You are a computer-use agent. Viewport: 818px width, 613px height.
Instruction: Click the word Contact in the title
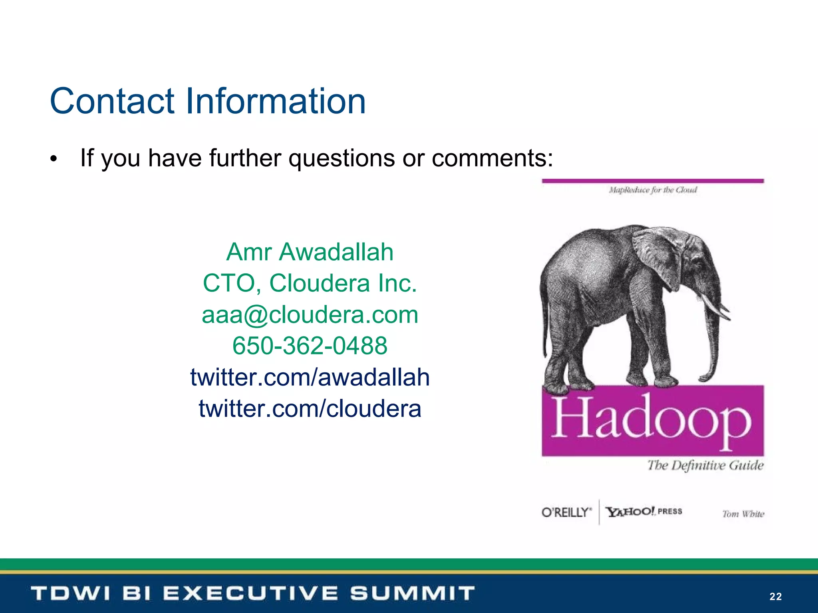(112, 101)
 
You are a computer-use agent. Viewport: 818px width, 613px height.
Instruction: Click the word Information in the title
(276, 101)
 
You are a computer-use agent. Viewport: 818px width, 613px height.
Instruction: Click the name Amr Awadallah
(310, 252)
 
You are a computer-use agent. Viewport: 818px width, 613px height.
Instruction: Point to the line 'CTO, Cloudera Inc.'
(310, 283)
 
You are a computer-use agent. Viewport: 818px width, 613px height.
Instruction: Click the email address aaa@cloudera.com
(310, 314)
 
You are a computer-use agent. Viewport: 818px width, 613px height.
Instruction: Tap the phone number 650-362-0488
(310, 346)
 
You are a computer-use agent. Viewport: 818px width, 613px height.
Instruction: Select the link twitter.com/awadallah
(310, 377)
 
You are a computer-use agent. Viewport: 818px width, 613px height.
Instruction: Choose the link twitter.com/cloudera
(310, 409)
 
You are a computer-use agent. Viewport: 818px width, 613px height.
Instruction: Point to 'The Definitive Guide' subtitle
(705, 465)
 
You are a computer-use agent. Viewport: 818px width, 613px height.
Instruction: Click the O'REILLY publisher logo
(566, 512)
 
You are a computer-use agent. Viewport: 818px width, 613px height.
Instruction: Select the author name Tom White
(743, 514)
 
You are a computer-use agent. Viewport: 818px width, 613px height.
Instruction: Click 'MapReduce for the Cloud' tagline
(653, 190)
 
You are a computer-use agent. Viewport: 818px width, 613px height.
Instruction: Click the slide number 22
(775, 596)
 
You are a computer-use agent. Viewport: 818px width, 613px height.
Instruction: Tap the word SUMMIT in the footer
(412, 593)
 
